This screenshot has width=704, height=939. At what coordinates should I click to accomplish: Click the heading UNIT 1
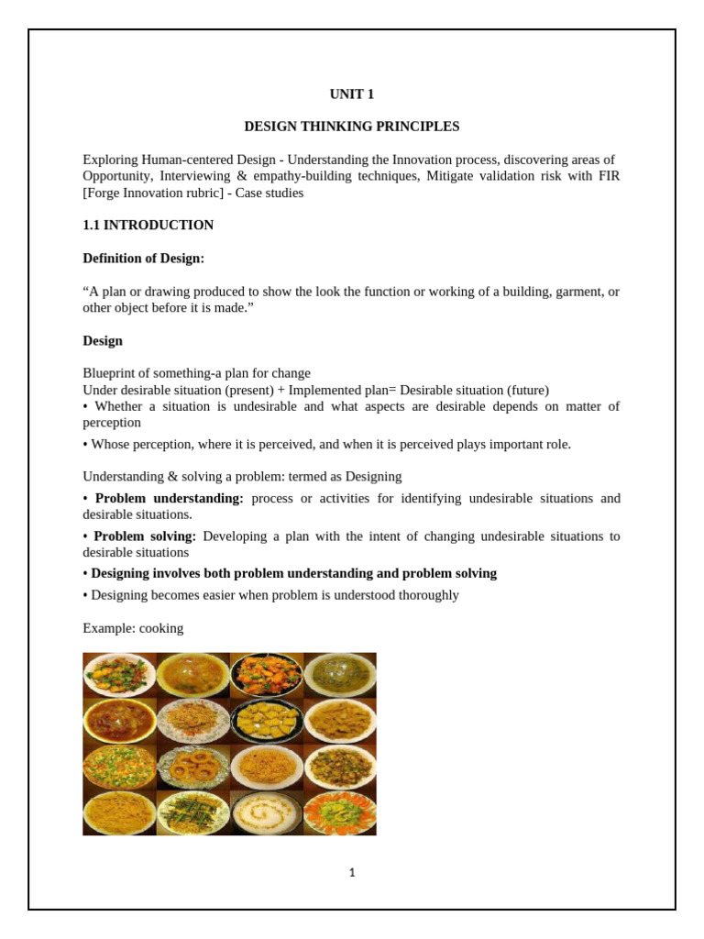[x=352, y=94]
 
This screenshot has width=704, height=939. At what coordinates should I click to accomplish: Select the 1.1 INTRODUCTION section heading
[x=148, y=225]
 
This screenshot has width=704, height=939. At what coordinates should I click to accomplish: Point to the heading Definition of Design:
[x=144, y=258]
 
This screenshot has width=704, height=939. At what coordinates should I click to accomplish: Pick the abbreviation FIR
[x=608, y=176]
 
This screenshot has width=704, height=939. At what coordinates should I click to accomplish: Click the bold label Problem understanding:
[x=169, y=498]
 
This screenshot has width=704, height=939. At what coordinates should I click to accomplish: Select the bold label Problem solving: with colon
[x=145, y=536]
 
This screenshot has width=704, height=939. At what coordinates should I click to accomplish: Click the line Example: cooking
[x=133, y=628]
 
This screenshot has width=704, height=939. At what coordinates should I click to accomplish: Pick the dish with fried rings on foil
[x=193, y=766]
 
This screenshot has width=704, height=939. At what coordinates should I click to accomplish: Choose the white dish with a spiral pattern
[x=266, y=812]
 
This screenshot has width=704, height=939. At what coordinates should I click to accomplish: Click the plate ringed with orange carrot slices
[x=339, y=812]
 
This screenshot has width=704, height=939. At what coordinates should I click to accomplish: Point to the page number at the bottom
[x=352, y=873]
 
